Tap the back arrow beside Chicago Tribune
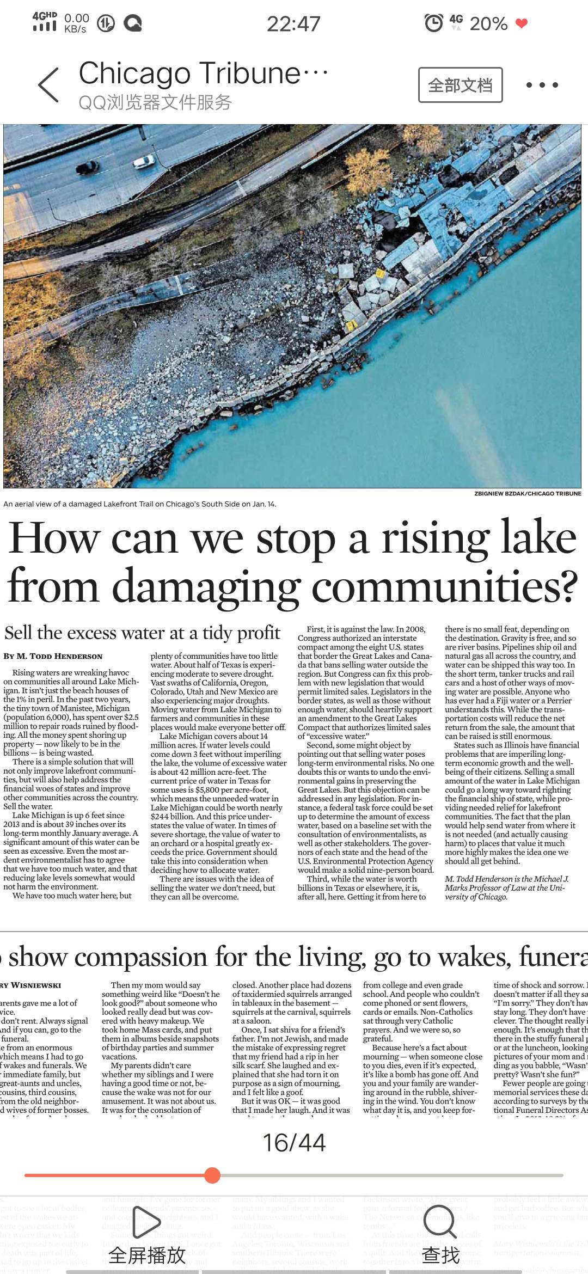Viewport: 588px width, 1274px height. [x=48, y=85]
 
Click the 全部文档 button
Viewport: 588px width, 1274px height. [x=460, y=85]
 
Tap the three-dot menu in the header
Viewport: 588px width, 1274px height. [x=542, y=85]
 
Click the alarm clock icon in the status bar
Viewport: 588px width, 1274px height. [x=434, y=23]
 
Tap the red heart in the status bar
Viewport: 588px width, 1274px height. [x=522, y=23]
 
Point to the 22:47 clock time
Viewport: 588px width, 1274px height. [x=293, y=24]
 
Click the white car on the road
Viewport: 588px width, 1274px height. [x=144, y=162]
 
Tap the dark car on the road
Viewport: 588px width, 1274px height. [x=89, y=168]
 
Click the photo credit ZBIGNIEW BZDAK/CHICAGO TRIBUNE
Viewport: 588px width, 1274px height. [x=528, y=494]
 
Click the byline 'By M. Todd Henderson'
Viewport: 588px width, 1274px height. [x=53, y=656]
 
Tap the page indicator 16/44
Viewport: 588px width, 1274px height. [x=294, y=1143]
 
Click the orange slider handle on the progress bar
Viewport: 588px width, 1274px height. [x=212, y=1175]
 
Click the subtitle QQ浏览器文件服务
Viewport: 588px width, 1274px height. [x=156, y=102]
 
